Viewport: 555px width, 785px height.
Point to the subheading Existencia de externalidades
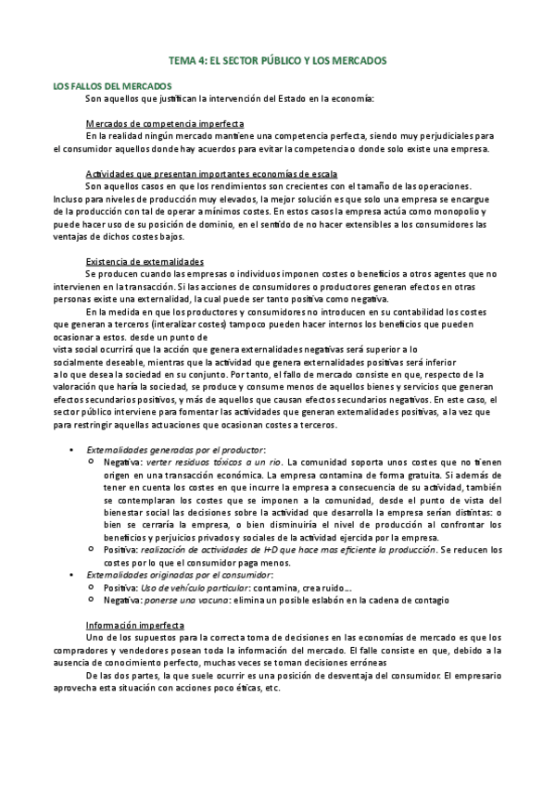[x=145, y=260]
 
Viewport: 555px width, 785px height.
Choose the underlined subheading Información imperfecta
[x=135, y=624]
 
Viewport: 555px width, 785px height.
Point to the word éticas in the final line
[x=246, y=689]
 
